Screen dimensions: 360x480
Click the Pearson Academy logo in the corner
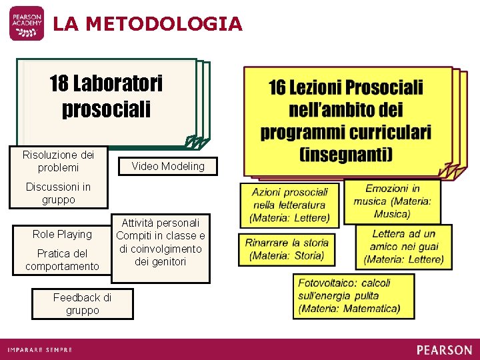tap(27, 23)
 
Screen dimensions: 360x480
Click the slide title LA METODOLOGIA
tap(147, 24)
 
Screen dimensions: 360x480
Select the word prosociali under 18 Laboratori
tap(106, 108)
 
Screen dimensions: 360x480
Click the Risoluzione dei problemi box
tap(59, 161)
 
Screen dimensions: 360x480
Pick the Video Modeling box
tap(168, 166)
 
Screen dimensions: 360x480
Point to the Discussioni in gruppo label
tap(58, 193)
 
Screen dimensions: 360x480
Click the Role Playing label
tap(62, 234)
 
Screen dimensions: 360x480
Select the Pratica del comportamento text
tap(62, 260)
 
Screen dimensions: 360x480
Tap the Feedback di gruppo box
tap(82, 304)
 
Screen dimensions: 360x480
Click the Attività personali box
tap(161, 241)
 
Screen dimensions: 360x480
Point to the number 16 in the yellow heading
tap(277, 87)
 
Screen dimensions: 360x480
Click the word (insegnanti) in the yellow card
tap(346, 155)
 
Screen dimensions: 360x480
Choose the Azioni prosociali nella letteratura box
tap(290, 205)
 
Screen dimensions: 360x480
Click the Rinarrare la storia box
tap(287, 249)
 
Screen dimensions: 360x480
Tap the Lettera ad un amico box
tap(403, 246)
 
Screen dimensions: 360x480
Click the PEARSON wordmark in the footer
tap(444, 350)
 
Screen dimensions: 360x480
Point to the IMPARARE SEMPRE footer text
tap(40, 350)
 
